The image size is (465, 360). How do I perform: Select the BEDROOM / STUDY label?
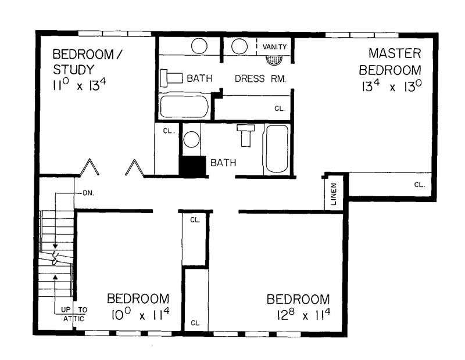(90, 62)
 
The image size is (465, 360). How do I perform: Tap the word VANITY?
(274, 46)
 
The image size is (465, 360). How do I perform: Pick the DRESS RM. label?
(260, 78)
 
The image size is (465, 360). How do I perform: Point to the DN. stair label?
(88, 192)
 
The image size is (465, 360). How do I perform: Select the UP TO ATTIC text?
(74, 314)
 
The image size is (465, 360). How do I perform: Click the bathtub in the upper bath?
(184, 106)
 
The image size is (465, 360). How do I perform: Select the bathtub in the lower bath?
(276, 149)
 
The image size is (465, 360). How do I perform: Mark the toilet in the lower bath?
(246, 135)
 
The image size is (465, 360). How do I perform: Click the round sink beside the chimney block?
(191, 140)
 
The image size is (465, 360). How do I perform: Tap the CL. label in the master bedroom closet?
(419, 185)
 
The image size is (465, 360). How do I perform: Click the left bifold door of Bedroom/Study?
(89, 168)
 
